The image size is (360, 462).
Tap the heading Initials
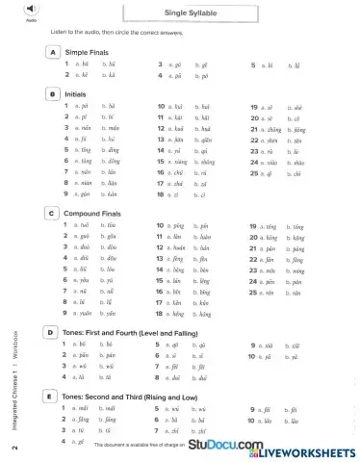(x=77, y=95)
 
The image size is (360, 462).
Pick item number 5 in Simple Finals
(x=252, y=64)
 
